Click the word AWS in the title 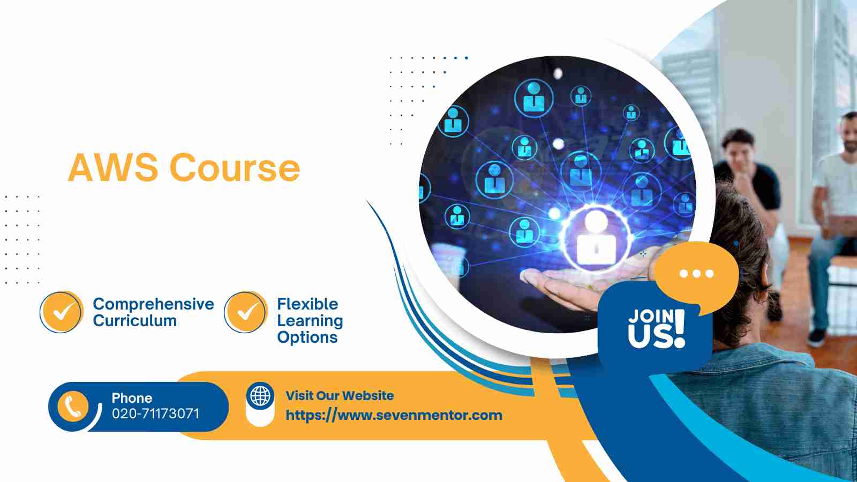pyautogui.click(x=113, y=168)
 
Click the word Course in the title pyautogui.click(x=235, y=168)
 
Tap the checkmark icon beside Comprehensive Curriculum pyautogui.click(x=62, y=312)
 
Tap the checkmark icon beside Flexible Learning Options pyautogui.click(x=246, y=312)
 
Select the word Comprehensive pyautogui.click(x=153, y=305)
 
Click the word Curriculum pyautogui.click(x=134, y=321)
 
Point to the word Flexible pyautogui.click(x=307, y=304)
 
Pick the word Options pyautogui.click(x=307, y=338)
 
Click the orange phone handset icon pyautogui.click(x=73, y=406)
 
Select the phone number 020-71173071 pyautogui.click(x=156, y=413)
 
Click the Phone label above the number pyautogui.click(x=132, y=398)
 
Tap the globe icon pyautogui.click(x=260, y=396)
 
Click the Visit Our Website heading pyautogui.click(x=340, y=396)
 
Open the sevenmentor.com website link pyautogui.click(x=394, y=416)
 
